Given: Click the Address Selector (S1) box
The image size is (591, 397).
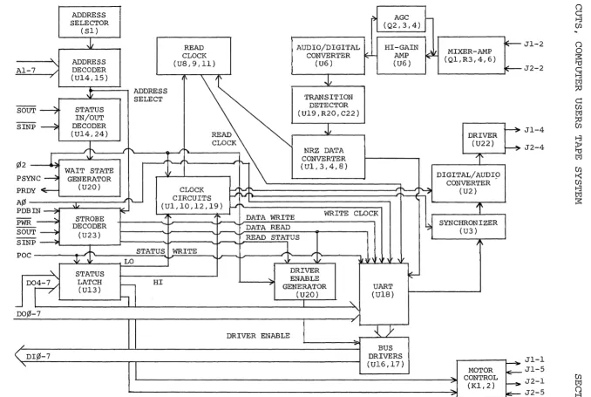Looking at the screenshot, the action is tap(90, 22).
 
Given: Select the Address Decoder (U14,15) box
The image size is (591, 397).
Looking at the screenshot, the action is tap(90, 68).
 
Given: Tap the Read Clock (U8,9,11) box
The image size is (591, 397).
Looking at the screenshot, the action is tap(194, 56).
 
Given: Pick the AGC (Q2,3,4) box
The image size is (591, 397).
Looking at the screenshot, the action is tap(402, 19).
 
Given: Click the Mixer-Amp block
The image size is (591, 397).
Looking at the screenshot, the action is tap(471, 55).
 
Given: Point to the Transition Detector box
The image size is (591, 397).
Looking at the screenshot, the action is tap(329, 105).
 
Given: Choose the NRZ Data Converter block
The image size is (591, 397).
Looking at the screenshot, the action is tap(329, 156).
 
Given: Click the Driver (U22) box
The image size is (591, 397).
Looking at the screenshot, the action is tap(484, 138).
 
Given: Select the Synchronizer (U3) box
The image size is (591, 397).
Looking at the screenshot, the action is tap(468, 227).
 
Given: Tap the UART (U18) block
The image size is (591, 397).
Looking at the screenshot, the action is tap(384, 294).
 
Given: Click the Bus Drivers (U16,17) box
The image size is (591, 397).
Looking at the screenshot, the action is tap(384, 355).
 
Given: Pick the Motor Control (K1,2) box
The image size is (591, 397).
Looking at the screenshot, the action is tap(481, 378).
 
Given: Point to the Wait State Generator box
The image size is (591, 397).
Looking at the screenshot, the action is tap(90, 178).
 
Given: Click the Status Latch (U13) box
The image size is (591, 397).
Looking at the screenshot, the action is tap(90, 282).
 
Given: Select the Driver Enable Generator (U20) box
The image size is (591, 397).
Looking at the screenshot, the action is tap(304, 282).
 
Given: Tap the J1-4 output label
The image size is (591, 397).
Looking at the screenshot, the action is tap(534, 130).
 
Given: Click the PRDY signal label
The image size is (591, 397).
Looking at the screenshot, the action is tap(26, 190).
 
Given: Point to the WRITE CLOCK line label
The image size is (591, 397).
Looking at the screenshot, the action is tap(351, 214).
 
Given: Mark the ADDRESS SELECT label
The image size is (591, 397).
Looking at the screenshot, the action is tap(150, 95).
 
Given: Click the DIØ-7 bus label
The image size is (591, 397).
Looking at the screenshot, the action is tap(38, 356).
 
